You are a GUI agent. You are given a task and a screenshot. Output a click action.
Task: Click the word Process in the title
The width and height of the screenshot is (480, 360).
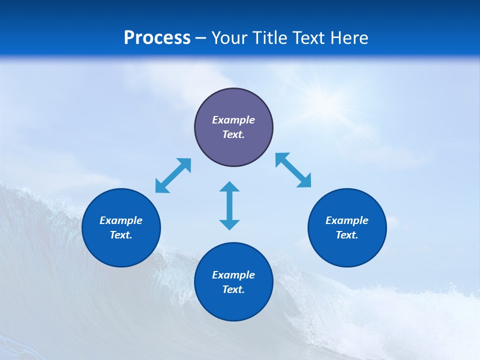(157, 38)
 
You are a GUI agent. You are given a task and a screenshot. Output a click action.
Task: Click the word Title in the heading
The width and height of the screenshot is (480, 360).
(270, 38)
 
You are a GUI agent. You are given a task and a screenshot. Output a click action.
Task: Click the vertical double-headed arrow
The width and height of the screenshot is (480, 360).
(229, 205)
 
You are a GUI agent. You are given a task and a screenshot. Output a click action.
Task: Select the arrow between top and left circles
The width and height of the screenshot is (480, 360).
(173, 175)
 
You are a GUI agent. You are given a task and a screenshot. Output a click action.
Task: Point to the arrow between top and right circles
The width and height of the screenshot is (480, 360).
(293, 170)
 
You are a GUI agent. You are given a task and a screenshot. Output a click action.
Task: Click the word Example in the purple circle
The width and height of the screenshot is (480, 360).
(233, 120)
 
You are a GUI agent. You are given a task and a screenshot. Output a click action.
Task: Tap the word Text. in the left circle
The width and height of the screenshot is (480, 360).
(121, 235)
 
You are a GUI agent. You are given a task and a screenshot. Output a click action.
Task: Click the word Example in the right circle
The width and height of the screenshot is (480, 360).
(347, 220)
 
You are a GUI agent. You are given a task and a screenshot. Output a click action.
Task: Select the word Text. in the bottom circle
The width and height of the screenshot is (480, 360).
(233, 289)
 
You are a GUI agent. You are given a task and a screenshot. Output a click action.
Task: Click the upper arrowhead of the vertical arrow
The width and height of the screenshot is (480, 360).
(229, 188)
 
